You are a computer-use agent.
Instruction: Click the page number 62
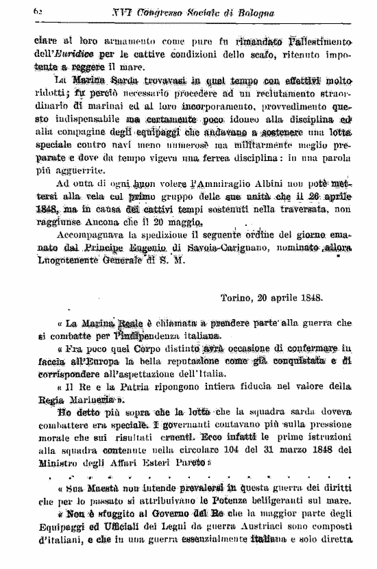38,12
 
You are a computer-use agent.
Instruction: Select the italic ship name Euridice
91,54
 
